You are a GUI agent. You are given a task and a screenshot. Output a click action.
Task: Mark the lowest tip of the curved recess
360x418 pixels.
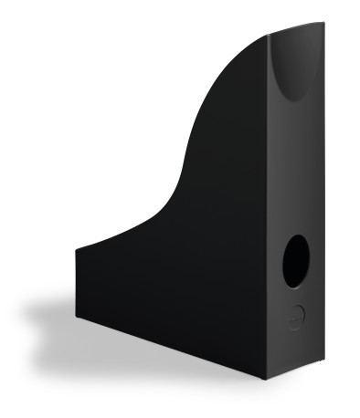coord(293,101)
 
